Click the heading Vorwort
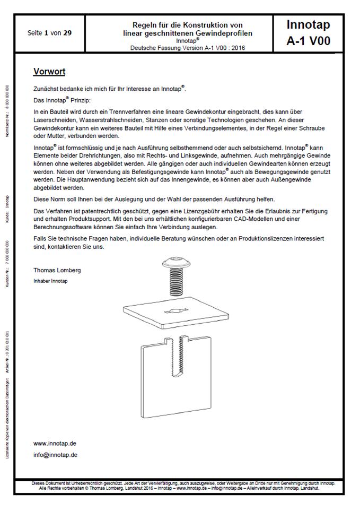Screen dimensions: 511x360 tap(49, 71)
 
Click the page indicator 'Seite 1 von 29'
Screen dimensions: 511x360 tap(50, 33)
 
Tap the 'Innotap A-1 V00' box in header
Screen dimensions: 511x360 tap(308, 33)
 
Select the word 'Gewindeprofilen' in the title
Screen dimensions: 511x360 tap(225, 33)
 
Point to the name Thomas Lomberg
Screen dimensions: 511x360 tap(57, 270)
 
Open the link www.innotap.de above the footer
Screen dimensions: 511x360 tap(55, 443)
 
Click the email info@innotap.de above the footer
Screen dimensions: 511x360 tap(55, 455)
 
